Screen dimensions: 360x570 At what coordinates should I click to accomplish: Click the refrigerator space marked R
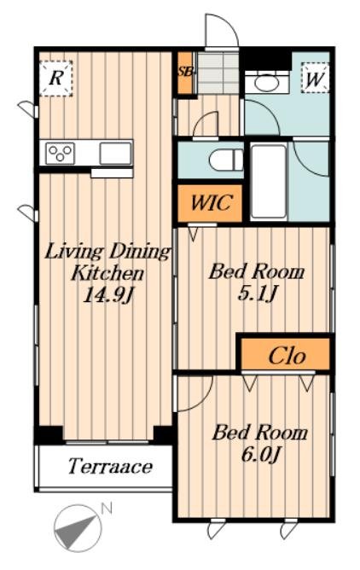point(56,79)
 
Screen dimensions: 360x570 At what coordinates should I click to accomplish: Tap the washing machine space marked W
point(315,79)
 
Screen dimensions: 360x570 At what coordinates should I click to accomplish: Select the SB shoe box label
point(185,72)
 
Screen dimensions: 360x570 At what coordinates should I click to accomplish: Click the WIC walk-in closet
point(210,203)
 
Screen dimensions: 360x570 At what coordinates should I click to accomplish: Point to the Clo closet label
point(287,356)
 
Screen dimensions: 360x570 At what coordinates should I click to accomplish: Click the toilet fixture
point(226,160)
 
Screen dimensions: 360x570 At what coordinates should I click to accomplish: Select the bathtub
point(269,181)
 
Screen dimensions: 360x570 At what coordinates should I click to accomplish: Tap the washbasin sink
point(267,84)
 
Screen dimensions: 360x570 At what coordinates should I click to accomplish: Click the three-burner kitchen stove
point(60,153)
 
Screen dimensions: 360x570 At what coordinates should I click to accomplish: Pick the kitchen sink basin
point(115,154)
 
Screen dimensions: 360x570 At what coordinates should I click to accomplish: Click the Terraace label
point(110,467)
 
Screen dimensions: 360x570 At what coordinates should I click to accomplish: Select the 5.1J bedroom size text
point(258,293)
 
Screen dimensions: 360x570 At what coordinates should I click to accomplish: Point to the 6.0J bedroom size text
point(261,454)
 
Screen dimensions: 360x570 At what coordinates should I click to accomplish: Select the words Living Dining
point(107,253)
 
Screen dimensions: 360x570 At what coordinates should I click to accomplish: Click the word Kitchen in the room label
point(107,273)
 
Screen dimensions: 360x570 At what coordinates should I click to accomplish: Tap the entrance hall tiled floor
point(218,73)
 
